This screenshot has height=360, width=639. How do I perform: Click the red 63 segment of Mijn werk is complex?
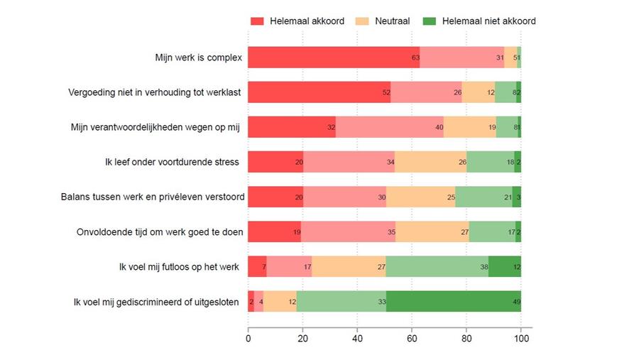[x=334, y=58]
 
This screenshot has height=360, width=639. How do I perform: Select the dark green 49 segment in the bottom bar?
[x=453, y=301]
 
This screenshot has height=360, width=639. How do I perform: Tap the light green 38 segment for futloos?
[x=437, y=266]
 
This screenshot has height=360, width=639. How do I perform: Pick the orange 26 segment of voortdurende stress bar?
[x=430, y=162]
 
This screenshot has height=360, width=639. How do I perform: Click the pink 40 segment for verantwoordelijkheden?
[x=389, y=127]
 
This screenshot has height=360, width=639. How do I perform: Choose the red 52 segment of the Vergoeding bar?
[x=319, y=92]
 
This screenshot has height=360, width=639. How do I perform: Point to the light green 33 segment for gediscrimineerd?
[x=341, y=301]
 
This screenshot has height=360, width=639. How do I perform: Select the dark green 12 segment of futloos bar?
[x=504, y=266]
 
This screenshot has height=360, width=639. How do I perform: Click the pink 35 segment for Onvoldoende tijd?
[x=347, y=231]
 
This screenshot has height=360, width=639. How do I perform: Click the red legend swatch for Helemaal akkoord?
[x=257, y=21]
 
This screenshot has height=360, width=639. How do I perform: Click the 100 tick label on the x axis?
[x=521, y=339]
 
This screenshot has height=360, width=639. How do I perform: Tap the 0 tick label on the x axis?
[x=248, y=339]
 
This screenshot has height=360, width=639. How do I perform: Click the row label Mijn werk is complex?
[x=198, y=58]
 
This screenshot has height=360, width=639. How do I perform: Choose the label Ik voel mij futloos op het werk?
[x=178, y=266]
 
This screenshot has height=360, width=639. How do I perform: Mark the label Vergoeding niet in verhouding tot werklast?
[x=153, y=92]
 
